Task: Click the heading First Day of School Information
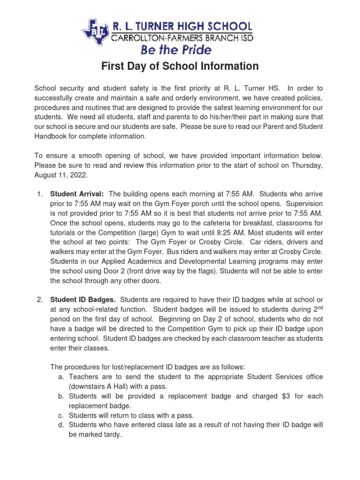180,67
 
